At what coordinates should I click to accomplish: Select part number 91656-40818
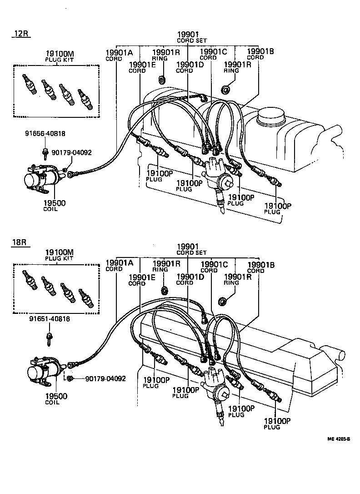click(45, 133)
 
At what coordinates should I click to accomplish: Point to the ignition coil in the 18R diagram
click(43, 371)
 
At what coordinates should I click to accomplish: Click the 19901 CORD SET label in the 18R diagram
click(191, 249)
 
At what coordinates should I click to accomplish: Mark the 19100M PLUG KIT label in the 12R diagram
click(59, 56)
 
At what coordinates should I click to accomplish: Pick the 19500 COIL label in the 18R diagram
click(55, 399)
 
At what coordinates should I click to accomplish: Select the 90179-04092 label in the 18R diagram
click(105, 378)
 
